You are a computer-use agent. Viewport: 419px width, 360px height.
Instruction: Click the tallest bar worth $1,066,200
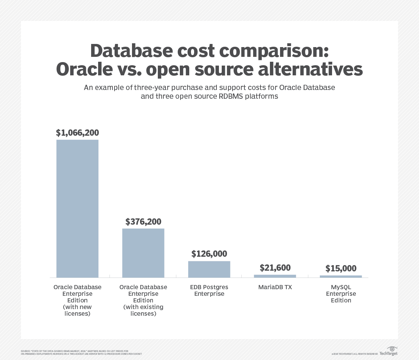77,209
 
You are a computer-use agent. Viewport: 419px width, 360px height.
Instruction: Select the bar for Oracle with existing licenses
143,253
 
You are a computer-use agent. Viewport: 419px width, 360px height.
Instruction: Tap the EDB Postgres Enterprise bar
209,269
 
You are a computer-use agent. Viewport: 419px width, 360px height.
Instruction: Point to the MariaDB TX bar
275,276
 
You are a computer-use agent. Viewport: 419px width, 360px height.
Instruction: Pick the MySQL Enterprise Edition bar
341,276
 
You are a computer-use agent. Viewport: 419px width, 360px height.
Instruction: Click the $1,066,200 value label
78,133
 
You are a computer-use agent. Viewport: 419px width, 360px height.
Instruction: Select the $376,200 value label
143,222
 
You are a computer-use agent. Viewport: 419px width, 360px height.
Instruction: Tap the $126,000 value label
209,254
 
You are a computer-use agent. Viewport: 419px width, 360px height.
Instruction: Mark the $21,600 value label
275,268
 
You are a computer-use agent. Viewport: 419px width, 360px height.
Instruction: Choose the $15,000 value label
341,268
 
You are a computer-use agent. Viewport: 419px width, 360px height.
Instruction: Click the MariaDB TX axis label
275,287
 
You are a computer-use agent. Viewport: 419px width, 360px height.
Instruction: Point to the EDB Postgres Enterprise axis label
209,290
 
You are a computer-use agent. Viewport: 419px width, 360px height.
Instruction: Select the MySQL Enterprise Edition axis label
341,293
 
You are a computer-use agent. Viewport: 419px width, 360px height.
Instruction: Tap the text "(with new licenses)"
78,310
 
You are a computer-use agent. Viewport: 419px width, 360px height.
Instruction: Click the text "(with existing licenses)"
143,310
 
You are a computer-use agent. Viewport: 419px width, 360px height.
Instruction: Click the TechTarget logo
388,351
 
